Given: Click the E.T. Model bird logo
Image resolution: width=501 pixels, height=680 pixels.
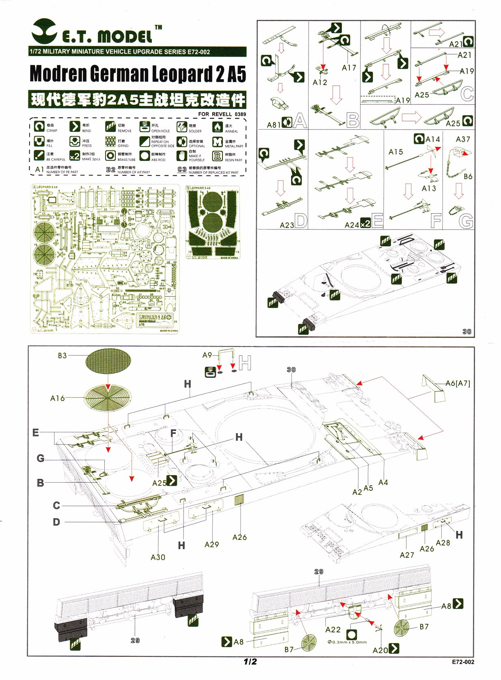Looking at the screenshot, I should coord(45,30).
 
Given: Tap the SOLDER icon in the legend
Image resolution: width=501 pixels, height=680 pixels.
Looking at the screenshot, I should coord(181,127).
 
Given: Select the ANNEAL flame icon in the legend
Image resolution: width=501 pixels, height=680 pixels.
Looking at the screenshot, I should coord(218,127).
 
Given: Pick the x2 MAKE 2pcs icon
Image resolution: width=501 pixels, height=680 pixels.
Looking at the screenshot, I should coord(74,156).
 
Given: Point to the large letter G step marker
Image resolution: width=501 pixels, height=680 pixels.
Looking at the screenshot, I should coord(466,221).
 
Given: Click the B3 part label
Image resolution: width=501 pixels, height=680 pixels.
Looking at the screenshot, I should coord(62,355).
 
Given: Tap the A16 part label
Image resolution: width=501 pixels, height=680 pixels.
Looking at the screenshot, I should coord(57,398).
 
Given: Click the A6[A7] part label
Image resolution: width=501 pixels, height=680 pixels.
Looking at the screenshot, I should coord(458,383).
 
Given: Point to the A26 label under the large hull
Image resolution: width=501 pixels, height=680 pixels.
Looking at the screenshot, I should coord(240,537).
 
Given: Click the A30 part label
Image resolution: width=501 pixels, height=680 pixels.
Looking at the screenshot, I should coord(158,557).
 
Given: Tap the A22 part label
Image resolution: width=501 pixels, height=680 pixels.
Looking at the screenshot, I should coord(333,629).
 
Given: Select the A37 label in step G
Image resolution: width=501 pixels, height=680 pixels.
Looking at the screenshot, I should coord(463,139).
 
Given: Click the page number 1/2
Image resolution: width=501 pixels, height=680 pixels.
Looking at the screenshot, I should coord(250,661).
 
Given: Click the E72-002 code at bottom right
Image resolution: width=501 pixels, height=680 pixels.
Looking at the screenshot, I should coord(462,662).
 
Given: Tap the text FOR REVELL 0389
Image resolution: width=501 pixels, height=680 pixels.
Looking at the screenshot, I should coord(222,114).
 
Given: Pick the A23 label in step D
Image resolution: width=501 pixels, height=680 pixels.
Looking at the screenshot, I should coord(287,225).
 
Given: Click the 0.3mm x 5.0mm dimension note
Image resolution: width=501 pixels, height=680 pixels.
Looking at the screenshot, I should coord(347,642).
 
